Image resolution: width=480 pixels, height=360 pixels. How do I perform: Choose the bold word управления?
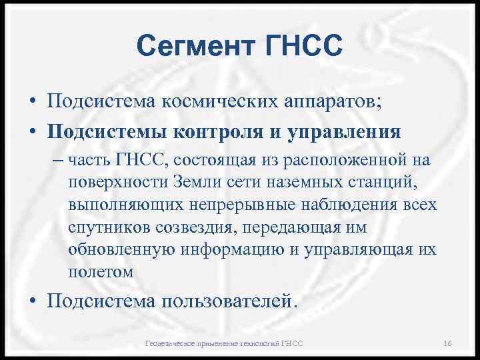tap(345, 131)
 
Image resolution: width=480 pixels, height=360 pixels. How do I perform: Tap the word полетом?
tap(100, 272)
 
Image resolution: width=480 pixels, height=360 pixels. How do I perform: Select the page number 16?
tap(447, 343)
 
